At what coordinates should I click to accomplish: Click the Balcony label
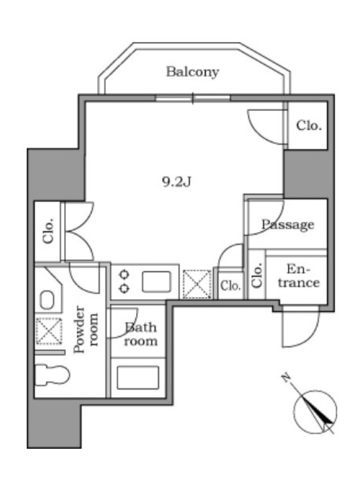(x=192, y=73)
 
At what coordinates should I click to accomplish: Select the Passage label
(x=287, y=225)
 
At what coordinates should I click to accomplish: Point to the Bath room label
(x=141, y=335)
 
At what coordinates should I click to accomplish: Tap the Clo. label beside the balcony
(x=308, y=126)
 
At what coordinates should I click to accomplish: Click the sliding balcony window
(x=193, y=98)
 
